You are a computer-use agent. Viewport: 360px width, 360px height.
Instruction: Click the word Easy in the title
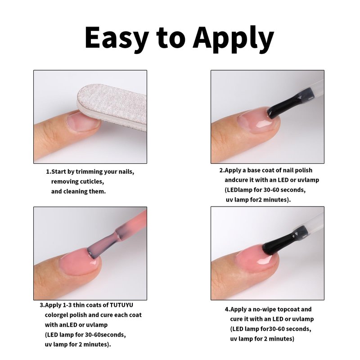[x=117, y=38]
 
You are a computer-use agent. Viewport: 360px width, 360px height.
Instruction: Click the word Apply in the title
[x=233, y=39]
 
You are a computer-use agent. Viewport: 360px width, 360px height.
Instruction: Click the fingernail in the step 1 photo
[x=83, y=122]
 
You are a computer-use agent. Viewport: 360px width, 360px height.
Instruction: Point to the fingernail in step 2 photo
[x=256, y=121]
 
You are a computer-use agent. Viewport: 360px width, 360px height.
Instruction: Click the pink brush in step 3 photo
[x=115, y=237]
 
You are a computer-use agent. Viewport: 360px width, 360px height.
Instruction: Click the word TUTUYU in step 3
[x=121, y=305]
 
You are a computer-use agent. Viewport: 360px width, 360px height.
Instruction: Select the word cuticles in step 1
[x=92, y=182]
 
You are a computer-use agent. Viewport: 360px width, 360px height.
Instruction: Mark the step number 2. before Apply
[x=221, y=171]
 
